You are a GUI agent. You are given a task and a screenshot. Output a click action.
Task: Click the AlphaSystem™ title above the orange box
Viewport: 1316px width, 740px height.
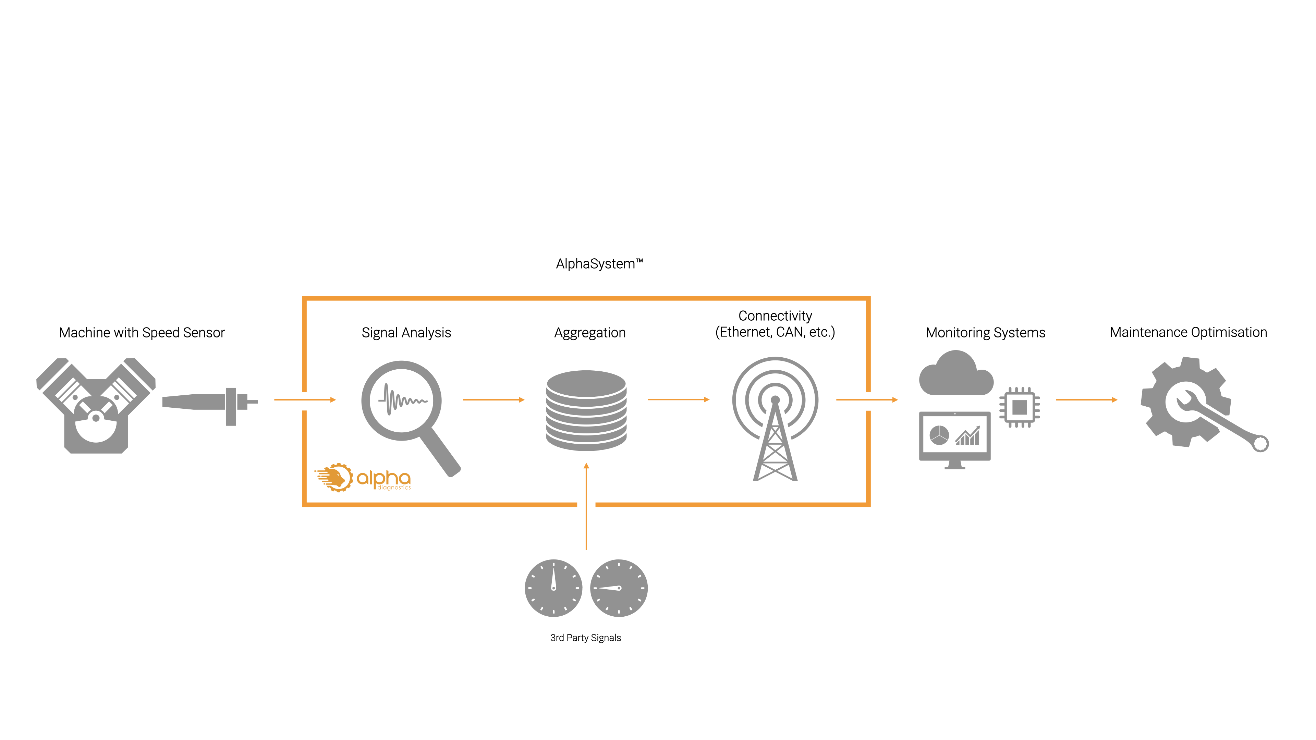(x=599, y=264)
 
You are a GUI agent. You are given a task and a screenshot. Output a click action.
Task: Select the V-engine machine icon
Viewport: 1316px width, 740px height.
(x=96, y=406)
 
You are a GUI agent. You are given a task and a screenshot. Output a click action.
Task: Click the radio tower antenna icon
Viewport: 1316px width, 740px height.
(x=775, y=419)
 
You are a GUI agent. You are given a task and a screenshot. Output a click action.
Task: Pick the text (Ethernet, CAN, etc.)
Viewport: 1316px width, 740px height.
(x=775, y=332)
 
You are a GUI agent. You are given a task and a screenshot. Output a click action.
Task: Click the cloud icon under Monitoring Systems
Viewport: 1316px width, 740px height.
(x=955, y=374)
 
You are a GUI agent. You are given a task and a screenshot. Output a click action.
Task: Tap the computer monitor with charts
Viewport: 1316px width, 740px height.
(x=954, y=438)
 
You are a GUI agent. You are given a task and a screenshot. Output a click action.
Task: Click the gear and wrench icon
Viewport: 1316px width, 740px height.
(x=1195, y=404)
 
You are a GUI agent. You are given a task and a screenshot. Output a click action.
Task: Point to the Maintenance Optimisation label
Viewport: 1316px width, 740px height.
(x=1188, y=332)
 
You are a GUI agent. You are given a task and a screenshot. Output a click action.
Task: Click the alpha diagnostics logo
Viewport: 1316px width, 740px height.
(x=363, y=478)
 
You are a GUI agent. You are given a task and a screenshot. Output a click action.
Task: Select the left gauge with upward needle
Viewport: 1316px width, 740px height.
(x=553, y=588)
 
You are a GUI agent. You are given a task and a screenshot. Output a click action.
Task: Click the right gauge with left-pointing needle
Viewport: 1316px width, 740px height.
(x=619, y=588)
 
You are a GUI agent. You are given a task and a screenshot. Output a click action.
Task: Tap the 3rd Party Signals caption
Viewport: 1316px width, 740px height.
(x=585, y=638)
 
